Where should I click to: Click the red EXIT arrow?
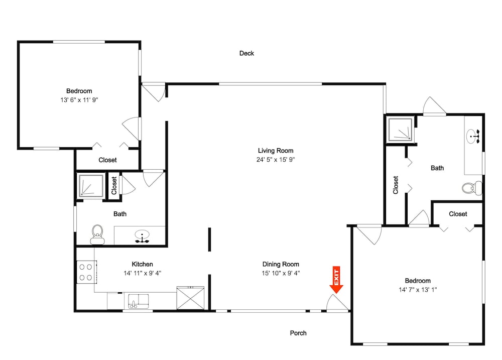coord(336,280)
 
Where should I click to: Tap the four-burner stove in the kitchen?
coord(86,272)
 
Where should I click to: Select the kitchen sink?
coord(139,301)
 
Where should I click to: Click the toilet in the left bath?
coord(97,234)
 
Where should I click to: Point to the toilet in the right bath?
coord(472,188)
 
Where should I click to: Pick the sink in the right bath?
coord(473,136)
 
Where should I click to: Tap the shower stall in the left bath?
coord(91,185)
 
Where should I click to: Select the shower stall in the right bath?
coord(400,130)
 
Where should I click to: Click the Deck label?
coord(246,53)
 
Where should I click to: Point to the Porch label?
coord(298,333)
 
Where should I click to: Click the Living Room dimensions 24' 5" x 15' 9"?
coord(275,160)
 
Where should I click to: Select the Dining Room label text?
coord(281,264)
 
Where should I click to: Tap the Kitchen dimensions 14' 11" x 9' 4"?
coord(143,273)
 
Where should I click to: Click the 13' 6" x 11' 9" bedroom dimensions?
coord(79,100)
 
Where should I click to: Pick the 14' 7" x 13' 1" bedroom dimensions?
coord(418,290)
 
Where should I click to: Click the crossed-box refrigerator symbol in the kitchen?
coord(190,298)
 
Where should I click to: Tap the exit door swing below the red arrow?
coord(337,302)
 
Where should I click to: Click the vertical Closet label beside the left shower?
coord(114,186)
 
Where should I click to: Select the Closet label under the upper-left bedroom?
coord(107,160)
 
